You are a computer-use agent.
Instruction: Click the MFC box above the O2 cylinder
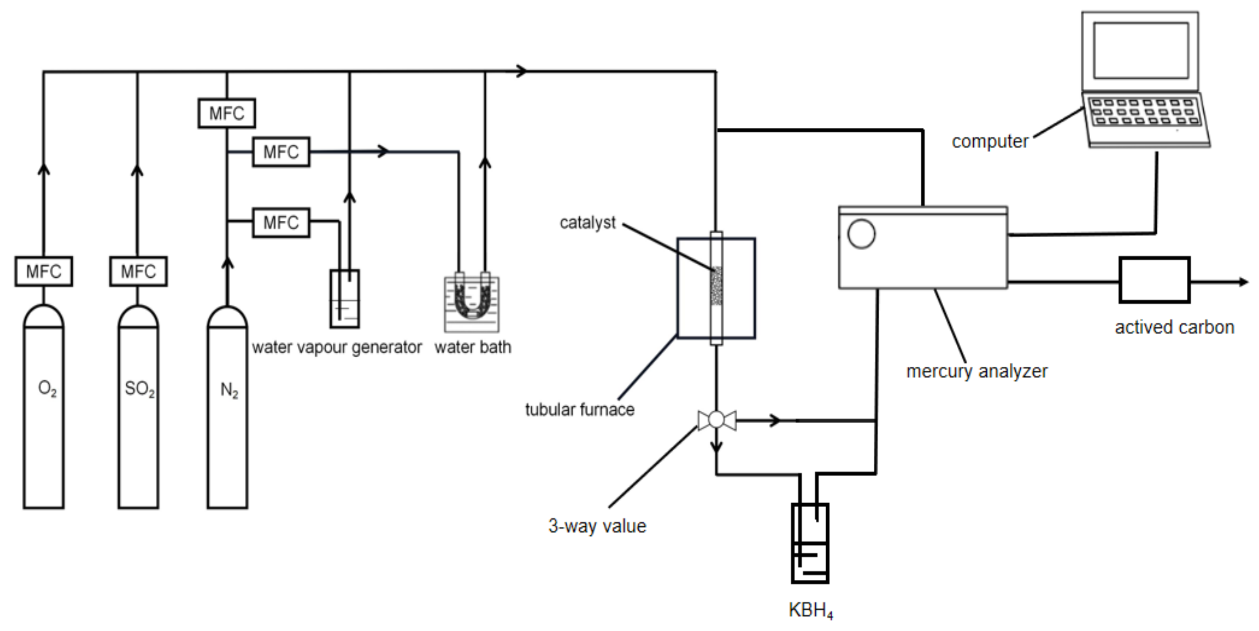43,271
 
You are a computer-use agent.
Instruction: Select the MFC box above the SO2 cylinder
138,271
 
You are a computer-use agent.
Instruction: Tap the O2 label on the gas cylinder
47,389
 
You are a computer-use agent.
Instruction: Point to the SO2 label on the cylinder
140,389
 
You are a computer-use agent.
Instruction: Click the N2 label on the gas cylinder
229,390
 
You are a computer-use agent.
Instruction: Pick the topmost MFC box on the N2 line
226,113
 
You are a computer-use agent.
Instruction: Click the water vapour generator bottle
344,299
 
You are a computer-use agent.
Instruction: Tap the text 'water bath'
473,347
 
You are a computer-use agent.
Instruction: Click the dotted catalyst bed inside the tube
717,286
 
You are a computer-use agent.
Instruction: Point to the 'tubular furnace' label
580,409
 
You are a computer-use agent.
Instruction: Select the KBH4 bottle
810,543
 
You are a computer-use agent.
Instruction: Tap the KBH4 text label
810,611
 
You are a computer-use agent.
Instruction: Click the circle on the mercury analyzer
861,234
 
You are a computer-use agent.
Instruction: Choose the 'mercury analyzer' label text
976,371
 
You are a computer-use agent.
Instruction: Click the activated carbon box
1154,280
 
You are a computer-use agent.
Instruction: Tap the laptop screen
1141,50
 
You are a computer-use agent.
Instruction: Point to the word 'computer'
990,141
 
